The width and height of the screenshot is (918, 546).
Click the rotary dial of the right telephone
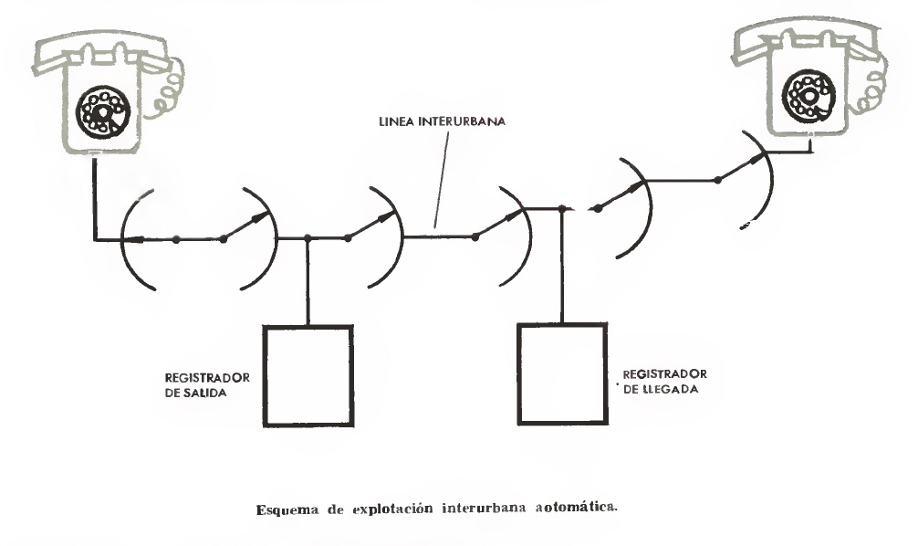click(x=806, y=93)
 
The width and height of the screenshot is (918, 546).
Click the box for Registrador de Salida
click(x=308, y=374)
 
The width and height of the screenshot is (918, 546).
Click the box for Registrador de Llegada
click(x=562, y=373)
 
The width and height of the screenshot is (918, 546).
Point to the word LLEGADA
click(x=672, y=388)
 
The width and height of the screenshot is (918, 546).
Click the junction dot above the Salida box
click(x=308, y=238)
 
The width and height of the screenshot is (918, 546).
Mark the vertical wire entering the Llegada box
click(x=562, y=274)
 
